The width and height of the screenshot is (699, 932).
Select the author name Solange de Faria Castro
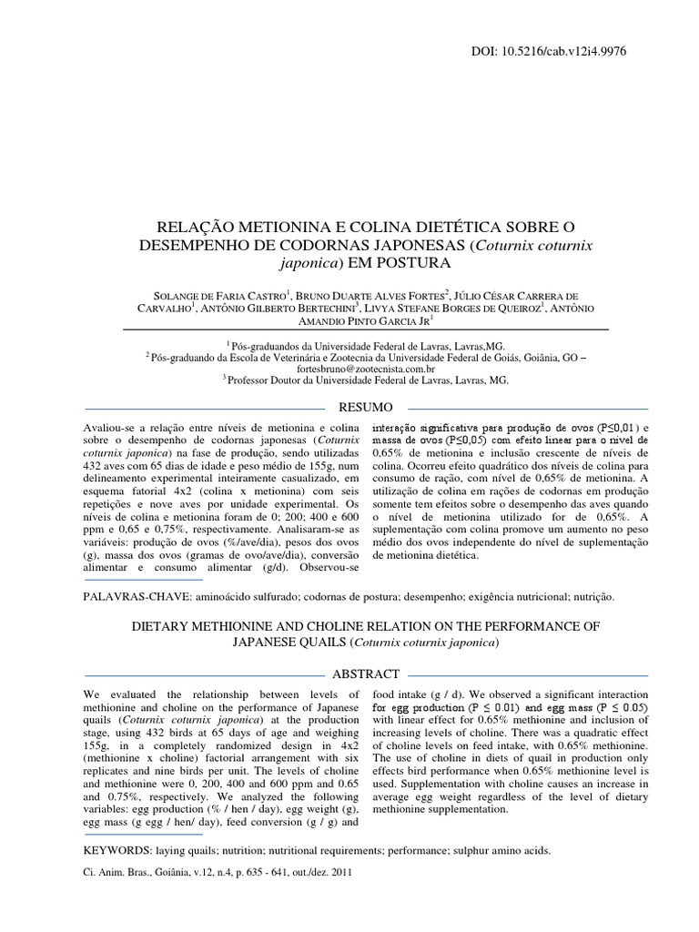tap(216, 296)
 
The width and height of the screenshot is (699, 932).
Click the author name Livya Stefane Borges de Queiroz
tap(451, 309)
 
